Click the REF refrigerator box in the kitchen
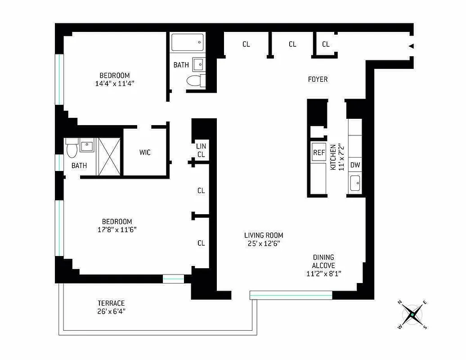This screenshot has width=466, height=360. click(318, 153)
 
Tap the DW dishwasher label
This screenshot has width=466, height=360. click(355, 165)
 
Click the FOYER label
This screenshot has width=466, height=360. click(318, 79)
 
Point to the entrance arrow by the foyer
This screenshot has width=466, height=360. click(410, 46)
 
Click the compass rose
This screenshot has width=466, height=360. click(412, 315)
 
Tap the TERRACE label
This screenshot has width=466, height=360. click(111, 303)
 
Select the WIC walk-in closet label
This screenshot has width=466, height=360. click(144, 153)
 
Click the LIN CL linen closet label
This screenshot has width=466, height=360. click(201, 150)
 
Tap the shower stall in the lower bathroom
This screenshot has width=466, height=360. click(109, 156)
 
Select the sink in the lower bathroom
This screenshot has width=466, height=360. click(87, 146)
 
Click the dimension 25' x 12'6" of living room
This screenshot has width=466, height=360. click(264, 243)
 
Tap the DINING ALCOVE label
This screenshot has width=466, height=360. click(324, 261)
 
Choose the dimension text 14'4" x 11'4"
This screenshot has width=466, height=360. click(114, 83)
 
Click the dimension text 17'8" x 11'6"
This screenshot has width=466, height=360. click(116, 229)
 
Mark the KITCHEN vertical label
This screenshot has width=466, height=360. click(333, 157)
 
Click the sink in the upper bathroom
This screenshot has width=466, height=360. click(198, 64)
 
